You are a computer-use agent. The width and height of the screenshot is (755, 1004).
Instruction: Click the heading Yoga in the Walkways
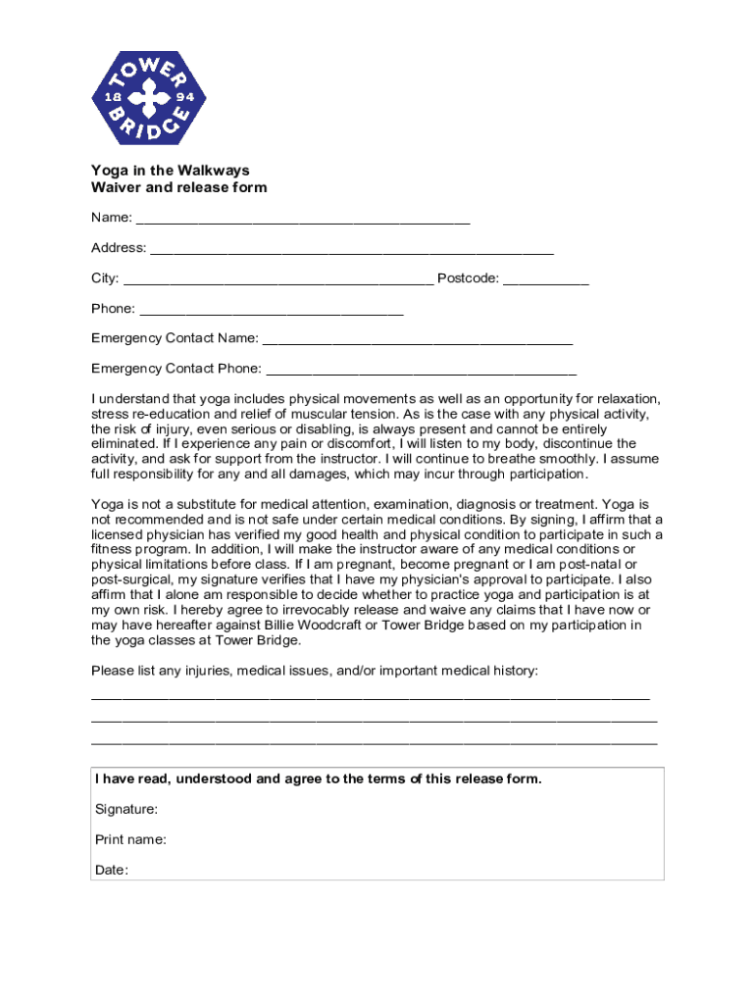(x=171, y=171)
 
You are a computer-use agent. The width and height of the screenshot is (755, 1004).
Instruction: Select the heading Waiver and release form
(x=178, y=187)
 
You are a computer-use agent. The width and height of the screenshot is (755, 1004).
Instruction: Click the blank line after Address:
(x=352, y=249)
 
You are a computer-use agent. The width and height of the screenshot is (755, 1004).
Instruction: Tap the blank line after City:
(x=278, y=279)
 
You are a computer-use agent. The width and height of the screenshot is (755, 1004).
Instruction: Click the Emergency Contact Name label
(x=175, y=338)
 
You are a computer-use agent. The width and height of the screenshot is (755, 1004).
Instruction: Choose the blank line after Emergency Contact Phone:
(x=421, y=370)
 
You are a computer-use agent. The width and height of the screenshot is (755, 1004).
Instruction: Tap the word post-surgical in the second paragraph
(x=126, y=579)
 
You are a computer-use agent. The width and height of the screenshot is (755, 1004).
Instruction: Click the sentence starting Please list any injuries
(x=314, y=671)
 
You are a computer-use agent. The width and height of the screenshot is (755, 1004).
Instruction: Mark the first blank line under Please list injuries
(x=370, y=696)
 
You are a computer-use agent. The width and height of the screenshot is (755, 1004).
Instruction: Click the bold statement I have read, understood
(x=318, y=779)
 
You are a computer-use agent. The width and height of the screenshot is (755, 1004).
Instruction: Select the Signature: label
(x=126, y=810)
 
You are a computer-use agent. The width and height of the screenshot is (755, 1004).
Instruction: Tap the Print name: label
(x=130, y=840)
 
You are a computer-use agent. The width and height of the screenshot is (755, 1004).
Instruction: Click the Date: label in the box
(x=112, y=871)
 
